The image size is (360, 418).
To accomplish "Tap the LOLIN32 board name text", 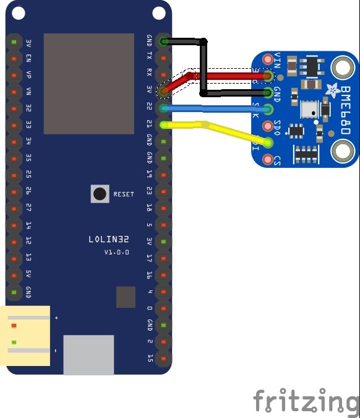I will (109, 239).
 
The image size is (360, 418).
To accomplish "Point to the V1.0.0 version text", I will (116, 252).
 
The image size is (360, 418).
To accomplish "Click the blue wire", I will (216, 108).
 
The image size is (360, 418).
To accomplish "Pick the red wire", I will (229, 76).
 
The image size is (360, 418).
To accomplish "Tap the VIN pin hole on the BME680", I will (268, 59).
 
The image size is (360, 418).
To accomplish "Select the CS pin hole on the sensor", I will (268, 160).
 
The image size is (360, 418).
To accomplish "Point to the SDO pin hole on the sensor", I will (268, 126).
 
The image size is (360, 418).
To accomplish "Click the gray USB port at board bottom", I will (88, 354).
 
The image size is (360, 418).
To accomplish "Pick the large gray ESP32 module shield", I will (88, 84).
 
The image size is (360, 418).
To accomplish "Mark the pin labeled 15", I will (150, 358).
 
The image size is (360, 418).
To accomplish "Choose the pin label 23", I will (150, 191).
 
